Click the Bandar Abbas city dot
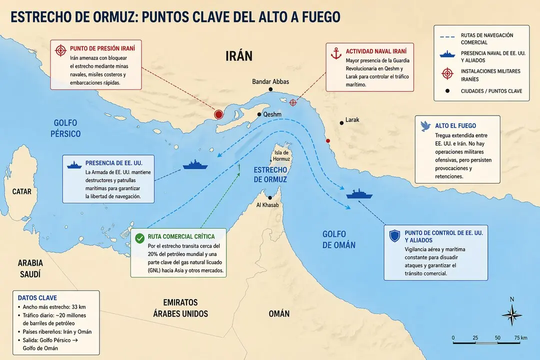pyautogui.click(x=270, y=89)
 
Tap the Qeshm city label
pyautogui.click(x=272, y=114)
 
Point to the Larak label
pyautogui.click(x=352, y=120)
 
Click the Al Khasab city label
pyautogui.click(x=267, y=205)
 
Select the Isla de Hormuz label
pyautogui.click(x=281, y=155)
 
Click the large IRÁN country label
pyautogui.click(x=238, y=55)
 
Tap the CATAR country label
pyautogui.click(x=22, y=191)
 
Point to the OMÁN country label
pyautogui.click(x=279, y=313)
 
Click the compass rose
pyautogui.click(x=511, y=315)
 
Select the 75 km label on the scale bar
pyautogui.click(x=520, y=338)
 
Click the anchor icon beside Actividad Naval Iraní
pyautogui.click(x=336, y=52)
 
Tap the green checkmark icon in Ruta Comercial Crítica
pyautogui.click(x=139, y=238)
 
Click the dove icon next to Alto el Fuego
pyautogui.click(x=425, y=125)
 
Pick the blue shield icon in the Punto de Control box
pyautogui.click(x=394, y=236)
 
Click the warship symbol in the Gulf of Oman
pyautogui.click(x=359, y=194)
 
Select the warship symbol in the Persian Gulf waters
pyautogui.click(x=195, y=164)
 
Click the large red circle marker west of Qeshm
pyautogui.click(x=218, y=114)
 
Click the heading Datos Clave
pyautogui.click(x=37, y=298)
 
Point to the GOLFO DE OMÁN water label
pyautogui.click(x=338, y=239)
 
